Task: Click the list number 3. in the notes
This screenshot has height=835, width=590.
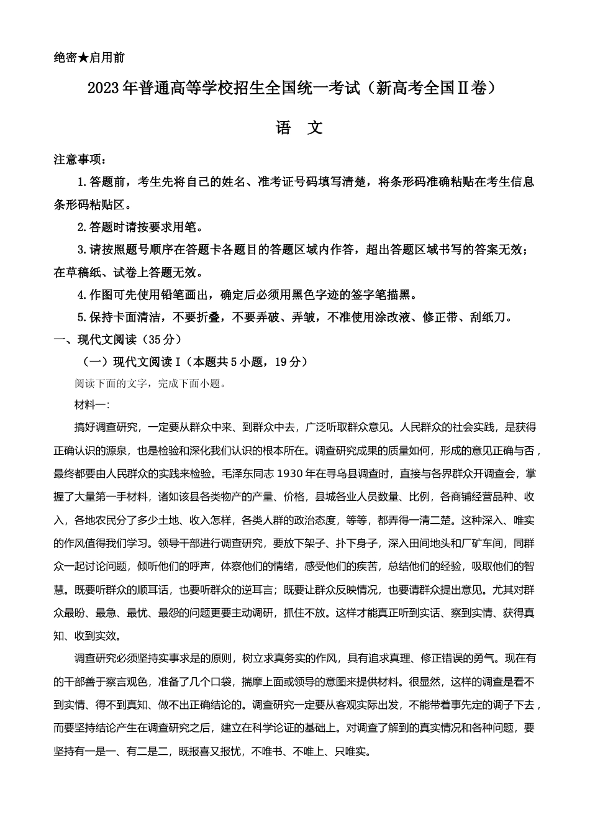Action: (x=81, y=250)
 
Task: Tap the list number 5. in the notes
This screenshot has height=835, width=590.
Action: (x=81, y=317)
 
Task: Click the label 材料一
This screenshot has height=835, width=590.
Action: (x=90, y=405)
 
